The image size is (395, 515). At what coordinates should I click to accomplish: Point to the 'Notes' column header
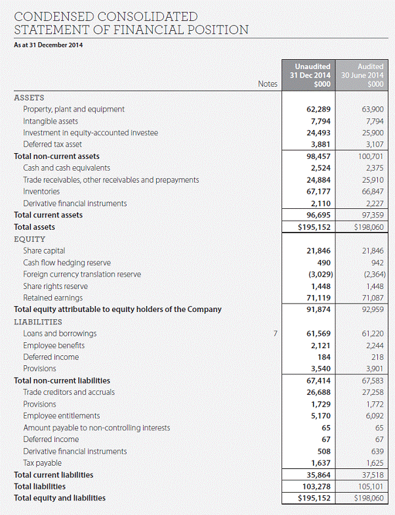pos(268,84)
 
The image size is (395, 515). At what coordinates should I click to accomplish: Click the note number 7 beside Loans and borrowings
pos(276,334)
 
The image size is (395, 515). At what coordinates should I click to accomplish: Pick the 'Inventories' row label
pos(41,192)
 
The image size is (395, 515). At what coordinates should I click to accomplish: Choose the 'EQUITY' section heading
pos(30,239)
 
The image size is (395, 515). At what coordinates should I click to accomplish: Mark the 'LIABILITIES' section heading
pos(38,322)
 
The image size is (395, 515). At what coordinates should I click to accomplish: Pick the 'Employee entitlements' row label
pos(61,416)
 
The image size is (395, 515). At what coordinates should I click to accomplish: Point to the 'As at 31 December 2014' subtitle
pos(48,45)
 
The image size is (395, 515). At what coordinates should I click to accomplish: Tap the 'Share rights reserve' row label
pos(55,286)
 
